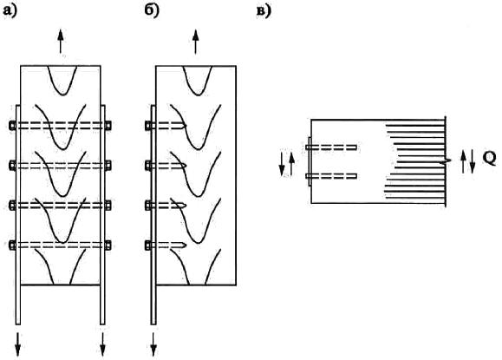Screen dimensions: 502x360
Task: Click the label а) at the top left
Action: click(10, 11)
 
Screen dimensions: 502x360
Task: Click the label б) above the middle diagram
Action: click(152, 11)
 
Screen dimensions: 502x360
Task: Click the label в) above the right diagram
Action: click(264, 11)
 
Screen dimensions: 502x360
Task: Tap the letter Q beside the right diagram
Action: click(489, 158)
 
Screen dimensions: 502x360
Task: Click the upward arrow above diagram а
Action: click(60, 42)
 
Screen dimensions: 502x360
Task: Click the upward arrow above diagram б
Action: click(196, 42)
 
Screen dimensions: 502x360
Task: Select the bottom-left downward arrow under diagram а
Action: click(18, 344)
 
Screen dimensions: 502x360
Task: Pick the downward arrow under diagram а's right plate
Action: click(103, 344)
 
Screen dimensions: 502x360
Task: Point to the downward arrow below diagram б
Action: click(153, 344)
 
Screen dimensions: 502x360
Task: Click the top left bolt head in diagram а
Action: click(12, 125)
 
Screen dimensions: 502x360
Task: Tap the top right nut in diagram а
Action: click(108, 125)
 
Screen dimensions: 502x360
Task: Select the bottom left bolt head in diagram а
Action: click(12, 245)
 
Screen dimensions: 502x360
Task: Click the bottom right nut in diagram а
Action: click(108, 245)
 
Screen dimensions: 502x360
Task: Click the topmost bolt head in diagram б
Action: click(147, 125)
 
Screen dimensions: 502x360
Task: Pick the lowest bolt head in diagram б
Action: click(147, 245)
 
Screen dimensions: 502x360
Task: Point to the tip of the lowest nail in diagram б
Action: click(186, 245)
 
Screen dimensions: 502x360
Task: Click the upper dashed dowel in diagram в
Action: click(331, 147)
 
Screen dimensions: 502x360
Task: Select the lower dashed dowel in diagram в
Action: click(331, 176)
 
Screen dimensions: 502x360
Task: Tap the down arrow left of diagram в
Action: click(282, 164)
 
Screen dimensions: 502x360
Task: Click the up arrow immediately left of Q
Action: click(463, 161)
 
